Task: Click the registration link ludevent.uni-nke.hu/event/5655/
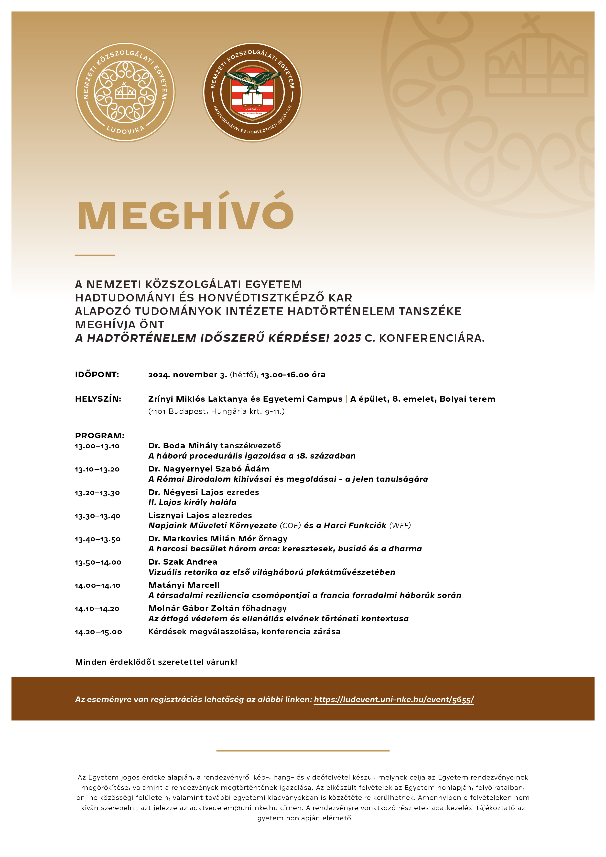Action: pos(394,699)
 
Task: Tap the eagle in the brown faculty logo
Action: pos(253,79)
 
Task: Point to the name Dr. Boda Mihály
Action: pos(183,446)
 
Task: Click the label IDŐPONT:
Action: pos(97,375)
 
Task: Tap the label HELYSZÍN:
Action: pos(98,399)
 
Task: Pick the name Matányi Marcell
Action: pos(184,585)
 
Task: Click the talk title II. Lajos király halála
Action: pos(192,503)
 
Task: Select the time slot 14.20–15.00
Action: pos(98,632)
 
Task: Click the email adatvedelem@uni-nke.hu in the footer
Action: pos(233,808)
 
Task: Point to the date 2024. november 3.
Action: pos(187,375)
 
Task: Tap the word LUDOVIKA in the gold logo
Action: pos(125,129)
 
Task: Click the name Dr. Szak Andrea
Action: pos(183,562)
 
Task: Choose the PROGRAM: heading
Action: pos(100,436)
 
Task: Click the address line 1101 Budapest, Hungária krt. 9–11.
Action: pos(216,411)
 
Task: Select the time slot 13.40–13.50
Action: pos(97,539)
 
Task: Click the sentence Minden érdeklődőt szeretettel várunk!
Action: pos(156,662)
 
